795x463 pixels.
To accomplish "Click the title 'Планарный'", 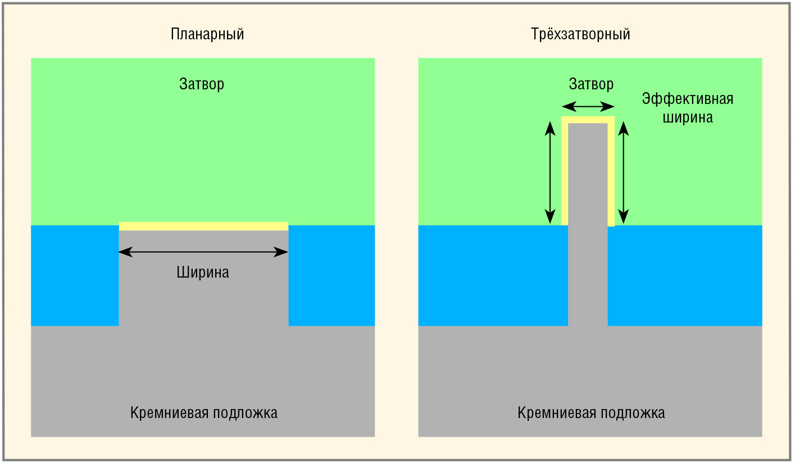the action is pos(207,34).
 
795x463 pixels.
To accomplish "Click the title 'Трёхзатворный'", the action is pos(580,34).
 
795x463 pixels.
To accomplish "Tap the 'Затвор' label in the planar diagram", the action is pos(202,84).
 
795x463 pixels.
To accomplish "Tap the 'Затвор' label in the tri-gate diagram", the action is pos(591,84).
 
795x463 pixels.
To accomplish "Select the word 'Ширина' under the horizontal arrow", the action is pos(203,273).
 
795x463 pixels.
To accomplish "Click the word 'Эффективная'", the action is pos(688,99).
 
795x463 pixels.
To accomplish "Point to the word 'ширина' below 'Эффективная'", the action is pos(688,117).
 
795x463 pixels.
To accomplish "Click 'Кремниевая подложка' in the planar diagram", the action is pos(204,413).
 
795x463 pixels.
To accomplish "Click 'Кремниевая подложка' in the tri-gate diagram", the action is pos(591,413).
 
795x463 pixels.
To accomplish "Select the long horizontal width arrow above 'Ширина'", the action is pos(203,252).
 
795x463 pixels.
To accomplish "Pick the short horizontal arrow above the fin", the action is pos(588,106).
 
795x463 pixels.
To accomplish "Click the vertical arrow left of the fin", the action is pos(550,173).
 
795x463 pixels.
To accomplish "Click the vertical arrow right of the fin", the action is pos(624,173).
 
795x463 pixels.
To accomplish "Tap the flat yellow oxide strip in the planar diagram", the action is pos(203,226).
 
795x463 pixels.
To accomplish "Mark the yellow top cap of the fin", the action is pos(588,120).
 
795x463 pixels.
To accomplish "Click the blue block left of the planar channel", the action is pos(75,275).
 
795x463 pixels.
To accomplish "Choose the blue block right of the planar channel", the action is pos(331,275).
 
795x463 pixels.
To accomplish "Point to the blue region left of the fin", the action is pos(493,275).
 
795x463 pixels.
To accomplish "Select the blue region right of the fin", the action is pos(685,275).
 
